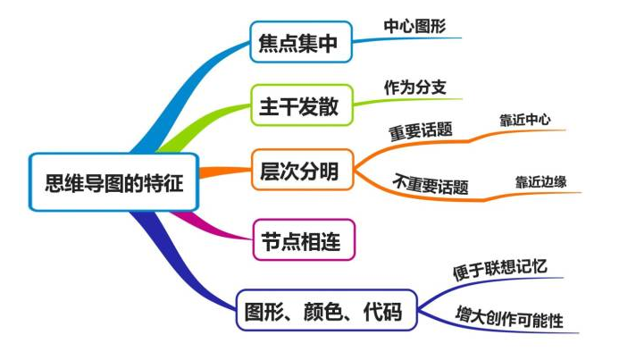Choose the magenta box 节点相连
[x=298, y=241]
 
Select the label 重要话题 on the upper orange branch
[x=420, y=130]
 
